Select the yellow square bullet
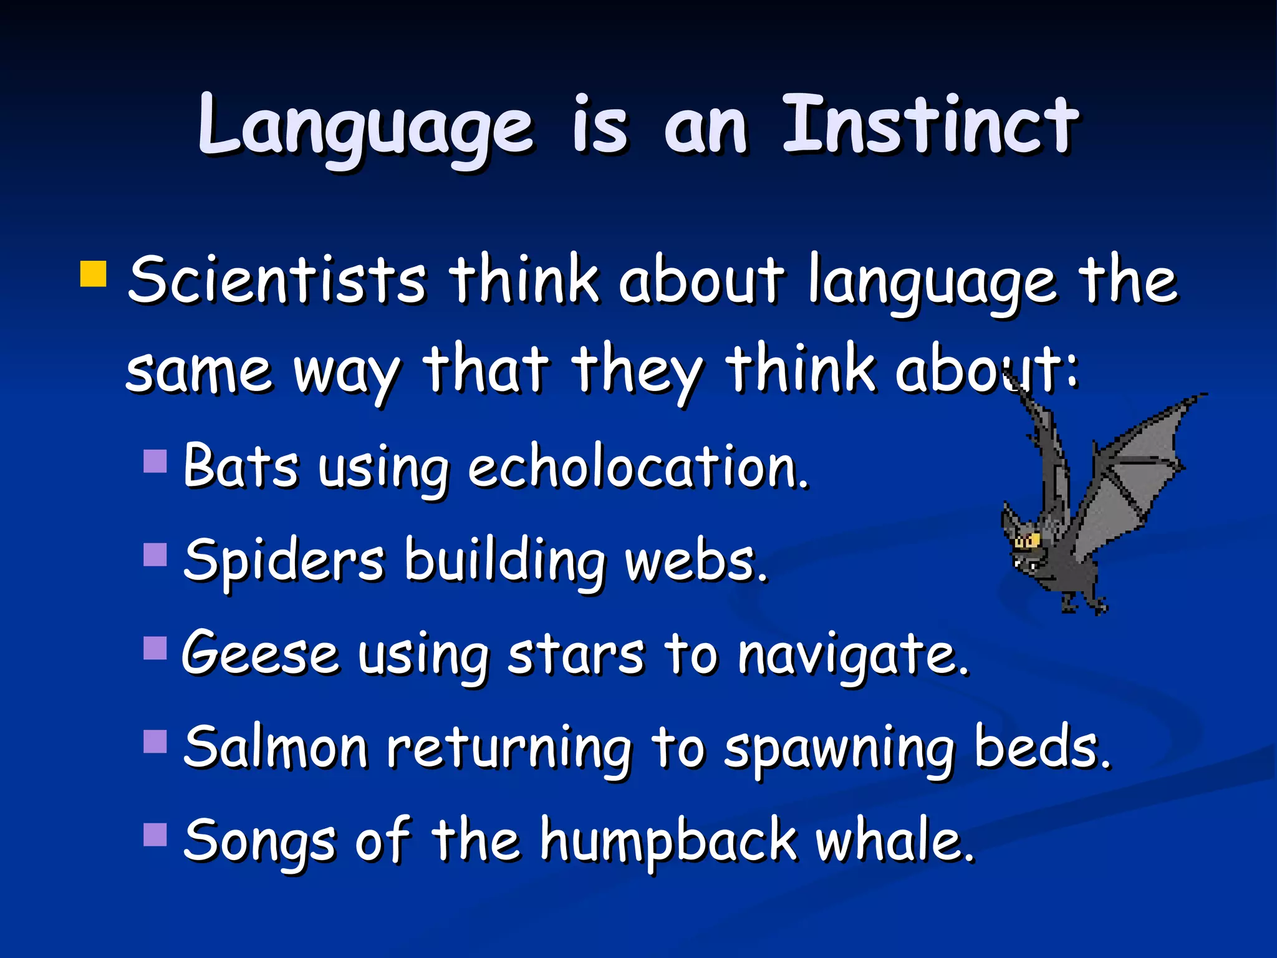pos(94,274)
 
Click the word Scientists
pos(277,281)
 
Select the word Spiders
pos(284,561)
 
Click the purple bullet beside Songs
pos(155,835)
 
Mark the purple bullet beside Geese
pos(155,648)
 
